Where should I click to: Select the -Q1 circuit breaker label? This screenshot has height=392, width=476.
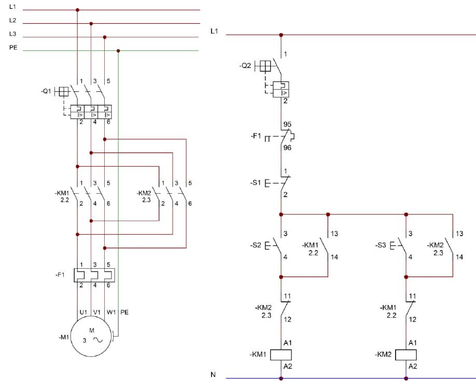(46, 91)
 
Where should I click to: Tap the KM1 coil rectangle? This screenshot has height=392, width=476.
(281, 355)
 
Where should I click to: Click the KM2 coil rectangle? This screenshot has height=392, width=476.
(406, 355)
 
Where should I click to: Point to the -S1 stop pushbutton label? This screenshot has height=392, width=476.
(256, 183)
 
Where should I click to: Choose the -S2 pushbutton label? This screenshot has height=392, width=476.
(256, 244)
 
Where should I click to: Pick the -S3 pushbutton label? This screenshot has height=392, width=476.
(381, 244)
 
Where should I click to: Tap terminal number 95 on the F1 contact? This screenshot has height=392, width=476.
(287, 125)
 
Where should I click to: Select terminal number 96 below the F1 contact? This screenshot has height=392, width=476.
(287, 148)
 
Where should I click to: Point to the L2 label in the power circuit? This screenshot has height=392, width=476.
(13, 20)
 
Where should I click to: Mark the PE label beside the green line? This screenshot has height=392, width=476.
(13, 47)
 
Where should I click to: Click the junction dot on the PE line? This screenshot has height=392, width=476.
(118, 51)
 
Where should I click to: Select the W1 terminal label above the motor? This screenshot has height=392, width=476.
(111, 312)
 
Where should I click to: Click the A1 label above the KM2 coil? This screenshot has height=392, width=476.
(413, 343)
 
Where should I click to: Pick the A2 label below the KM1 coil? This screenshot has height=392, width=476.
(288, 366)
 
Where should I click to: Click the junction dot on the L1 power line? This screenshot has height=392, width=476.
(78, 10)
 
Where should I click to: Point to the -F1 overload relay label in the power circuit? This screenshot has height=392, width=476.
(60, 274)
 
